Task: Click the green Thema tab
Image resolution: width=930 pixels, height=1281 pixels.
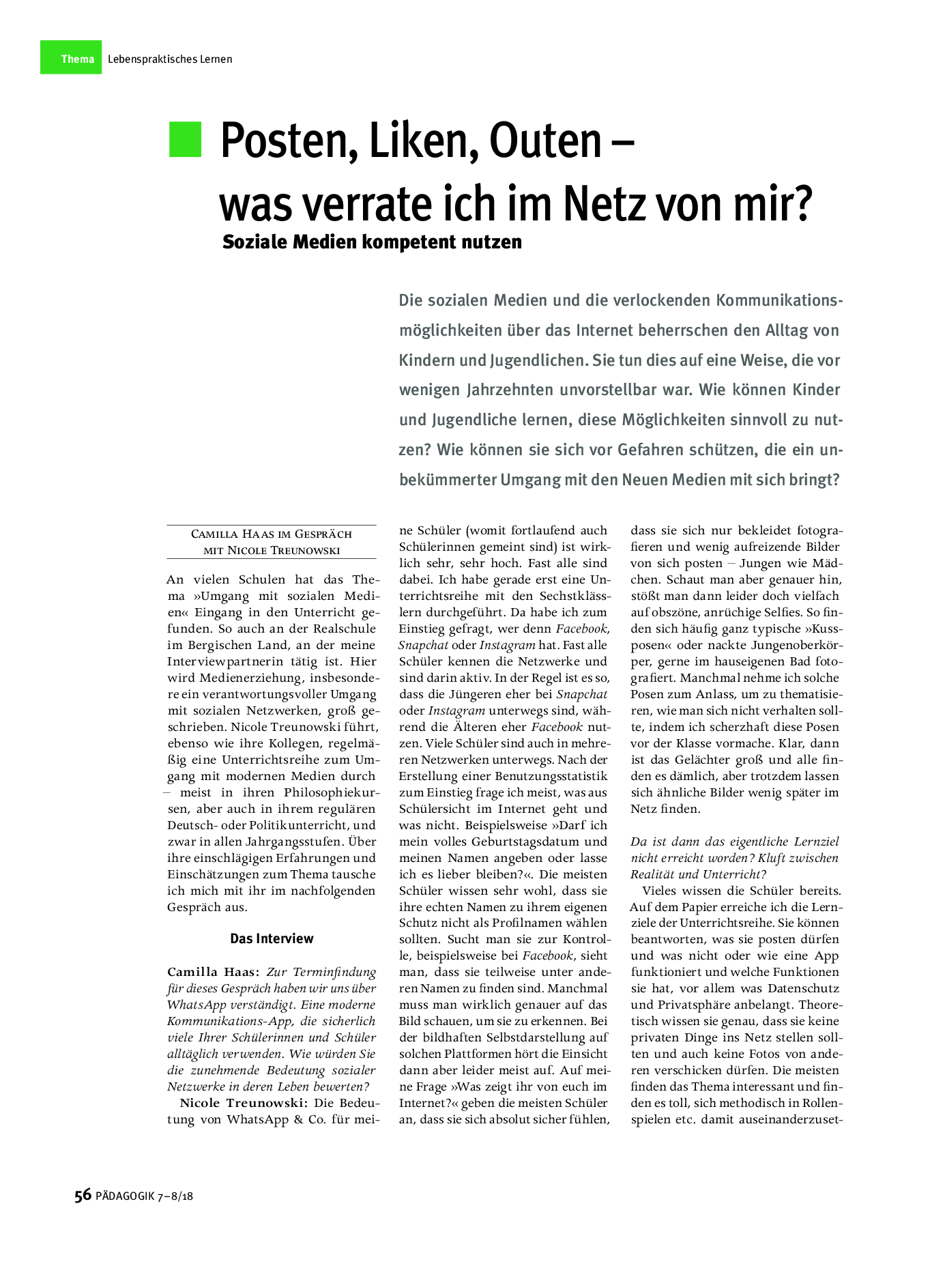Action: tap(71, 58)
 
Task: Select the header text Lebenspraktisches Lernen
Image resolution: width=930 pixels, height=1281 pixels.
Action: tap(170, 59)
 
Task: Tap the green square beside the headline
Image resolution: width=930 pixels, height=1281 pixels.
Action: tap(185, 139)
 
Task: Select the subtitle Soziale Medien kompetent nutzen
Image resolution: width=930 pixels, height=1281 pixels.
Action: tap(372, 242)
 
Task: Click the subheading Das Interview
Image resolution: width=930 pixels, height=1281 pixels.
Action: tap(272, 938)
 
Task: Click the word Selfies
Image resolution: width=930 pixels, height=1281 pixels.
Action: tap(777, 612)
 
